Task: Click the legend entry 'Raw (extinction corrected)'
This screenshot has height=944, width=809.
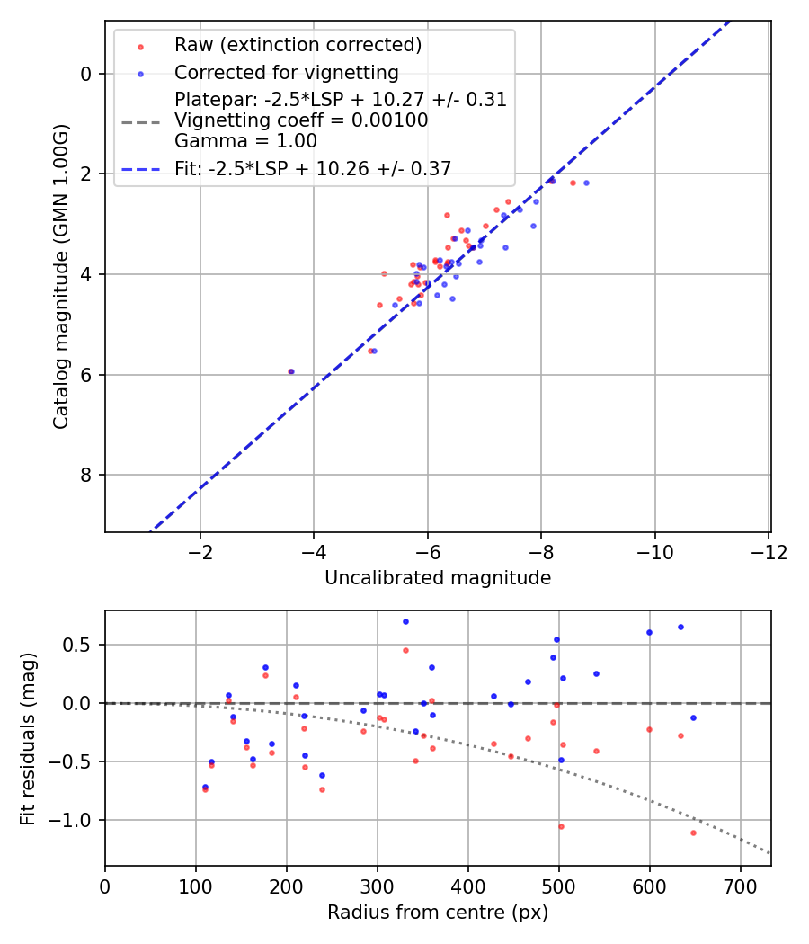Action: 298,45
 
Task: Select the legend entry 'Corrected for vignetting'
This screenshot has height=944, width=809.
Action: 286,72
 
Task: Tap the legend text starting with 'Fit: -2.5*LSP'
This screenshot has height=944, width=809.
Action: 313,168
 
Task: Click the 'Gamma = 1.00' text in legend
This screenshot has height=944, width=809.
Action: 245,140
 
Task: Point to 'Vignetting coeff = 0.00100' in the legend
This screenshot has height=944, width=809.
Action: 301,120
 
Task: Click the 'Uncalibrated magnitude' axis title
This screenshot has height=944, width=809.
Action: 438,578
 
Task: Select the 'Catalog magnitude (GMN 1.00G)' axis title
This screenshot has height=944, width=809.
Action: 60,275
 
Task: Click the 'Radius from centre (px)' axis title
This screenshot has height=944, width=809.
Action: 438,913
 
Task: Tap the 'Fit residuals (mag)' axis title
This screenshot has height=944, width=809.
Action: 28,738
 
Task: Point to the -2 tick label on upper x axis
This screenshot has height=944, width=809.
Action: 200,551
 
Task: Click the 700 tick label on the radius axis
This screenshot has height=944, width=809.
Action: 740,886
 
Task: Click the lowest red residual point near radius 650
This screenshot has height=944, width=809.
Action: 693,833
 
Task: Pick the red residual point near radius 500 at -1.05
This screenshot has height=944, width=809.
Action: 561,826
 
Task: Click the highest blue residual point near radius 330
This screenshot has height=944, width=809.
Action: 405,621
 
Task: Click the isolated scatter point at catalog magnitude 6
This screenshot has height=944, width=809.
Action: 290,371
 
